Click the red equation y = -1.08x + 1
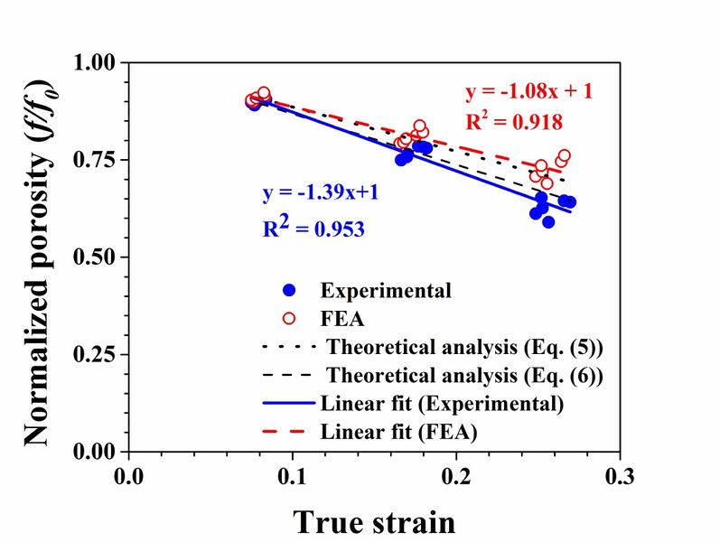(x=528, y=92)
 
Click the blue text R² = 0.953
(x=313, y=229)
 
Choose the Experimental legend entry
(x=386, y=290)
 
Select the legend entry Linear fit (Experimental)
(x=442, y=403)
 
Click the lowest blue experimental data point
(x=548, y=222)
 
